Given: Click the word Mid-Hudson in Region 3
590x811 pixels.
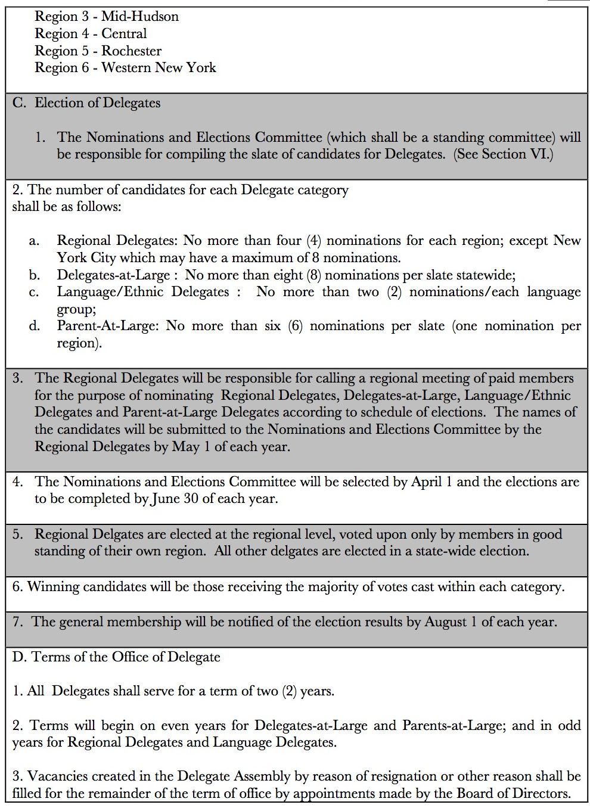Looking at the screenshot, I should point(140,16).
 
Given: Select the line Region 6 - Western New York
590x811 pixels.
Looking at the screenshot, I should point(125,67).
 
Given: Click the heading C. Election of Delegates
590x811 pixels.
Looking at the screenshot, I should point(86,102).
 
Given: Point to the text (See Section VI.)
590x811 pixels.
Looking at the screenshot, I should point(503,154).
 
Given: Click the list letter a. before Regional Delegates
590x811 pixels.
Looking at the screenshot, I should point(35,241).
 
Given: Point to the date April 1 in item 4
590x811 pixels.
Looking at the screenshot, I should point(431,481).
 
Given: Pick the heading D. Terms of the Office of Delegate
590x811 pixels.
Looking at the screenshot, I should point(116,657).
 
